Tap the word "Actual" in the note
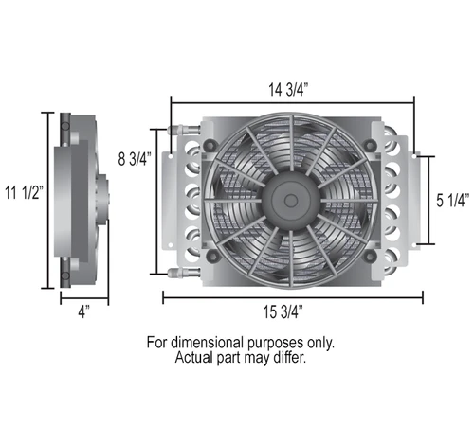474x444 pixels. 195,359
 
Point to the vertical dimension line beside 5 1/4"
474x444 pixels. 433,200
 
